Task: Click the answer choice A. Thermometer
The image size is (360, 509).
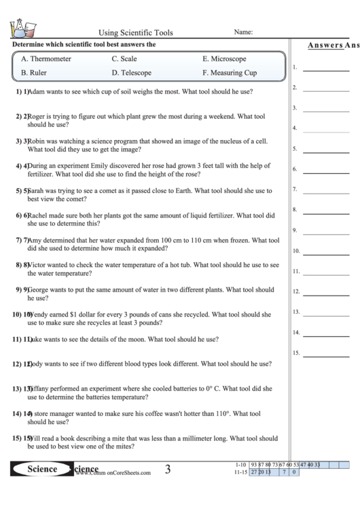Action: [46, 59]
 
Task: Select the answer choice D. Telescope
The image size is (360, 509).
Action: [132, 72]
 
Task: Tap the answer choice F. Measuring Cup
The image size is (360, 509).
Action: [230, 72]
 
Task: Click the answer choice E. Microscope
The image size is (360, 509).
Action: [224, 59]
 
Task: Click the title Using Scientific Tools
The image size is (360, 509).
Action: [136, 32]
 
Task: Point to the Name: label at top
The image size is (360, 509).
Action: [243, 32]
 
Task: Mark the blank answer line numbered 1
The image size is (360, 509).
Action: [325, 70]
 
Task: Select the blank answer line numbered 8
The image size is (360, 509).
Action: [325, 211]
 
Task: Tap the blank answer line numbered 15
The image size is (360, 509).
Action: [325, 355]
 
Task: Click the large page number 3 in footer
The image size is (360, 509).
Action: [167, 469]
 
